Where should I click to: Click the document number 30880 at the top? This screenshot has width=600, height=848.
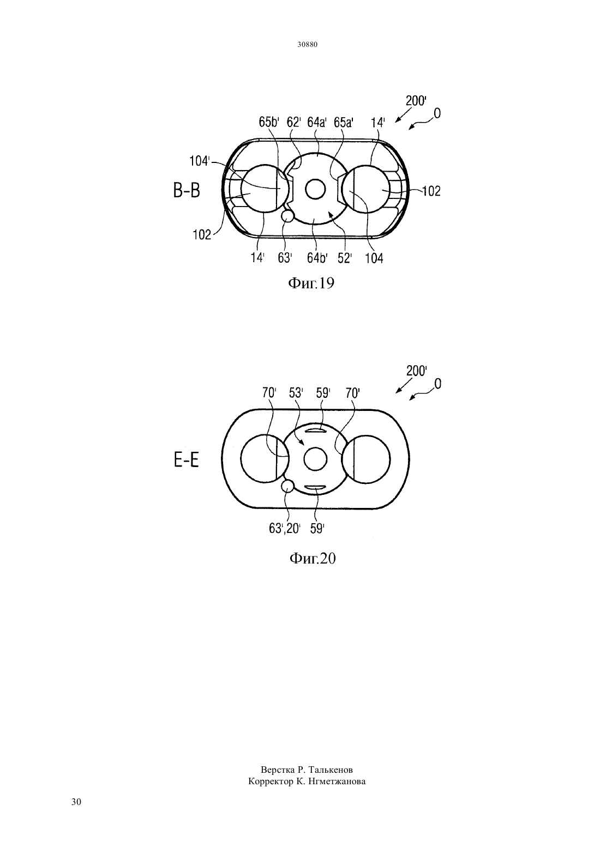[307, 44]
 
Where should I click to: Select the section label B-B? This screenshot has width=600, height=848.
[187, 191]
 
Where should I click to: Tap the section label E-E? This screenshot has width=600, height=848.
[187, 461]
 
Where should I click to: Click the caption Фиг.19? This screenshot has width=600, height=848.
[312, 283]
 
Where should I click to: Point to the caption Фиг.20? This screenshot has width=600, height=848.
[313, 559]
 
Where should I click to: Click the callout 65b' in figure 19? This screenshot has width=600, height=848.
[269, 122]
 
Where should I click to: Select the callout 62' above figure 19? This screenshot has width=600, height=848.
[294, 122]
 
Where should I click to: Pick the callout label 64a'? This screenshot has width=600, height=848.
[317, 122]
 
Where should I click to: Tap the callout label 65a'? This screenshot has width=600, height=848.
[344, 122]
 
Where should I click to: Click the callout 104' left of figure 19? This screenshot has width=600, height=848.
[200, 161]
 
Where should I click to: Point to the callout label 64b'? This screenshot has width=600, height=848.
[317, 258]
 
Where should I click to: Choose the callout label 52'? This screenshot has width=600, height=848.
[345, 258]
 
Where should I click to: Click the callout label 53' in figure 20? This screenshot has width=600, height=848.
[296, 393]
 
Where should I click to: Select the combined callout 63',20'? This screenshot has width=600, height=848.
[285, 529]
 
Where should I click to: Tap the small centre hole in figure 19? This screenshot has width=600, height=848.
[315, 189]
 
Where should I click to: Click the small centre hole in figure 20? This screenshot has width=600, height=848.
[315, 459]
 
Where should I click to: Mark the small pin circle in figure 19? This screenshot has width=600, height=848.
[287, 216]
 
